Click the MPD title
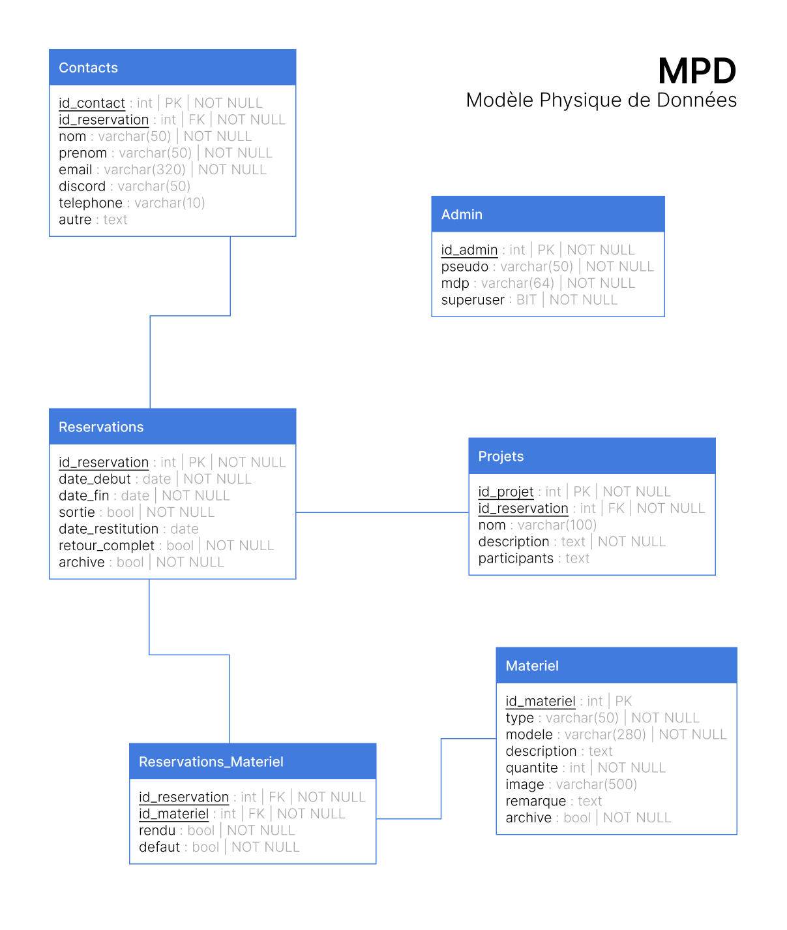[696, 70]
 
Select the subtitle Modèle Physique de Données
[601, 100]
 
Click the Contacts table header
[173, 67]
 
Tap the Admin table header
[548, 214]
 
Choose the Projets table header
[592, 456]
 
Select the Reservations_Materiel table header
[252, 761]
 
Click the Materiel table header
[616, 666]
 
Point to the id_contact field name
[92, 103]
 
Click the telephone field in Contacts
[91, 203]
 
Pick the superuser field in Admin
[472, 300]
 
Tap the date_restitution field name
[108, 529]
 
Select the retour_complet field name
[106, 546]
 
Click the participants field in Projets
[516, 559]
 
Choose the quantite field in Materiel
[531, 767]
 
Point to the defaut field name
[159, 846]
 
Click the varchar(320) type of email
[145, 170]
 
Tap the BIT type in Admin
[526, 300]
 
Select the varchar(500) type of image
[597, 784]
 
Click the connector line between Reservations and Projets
[383, 512]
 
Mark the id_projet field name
[505, 492]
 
